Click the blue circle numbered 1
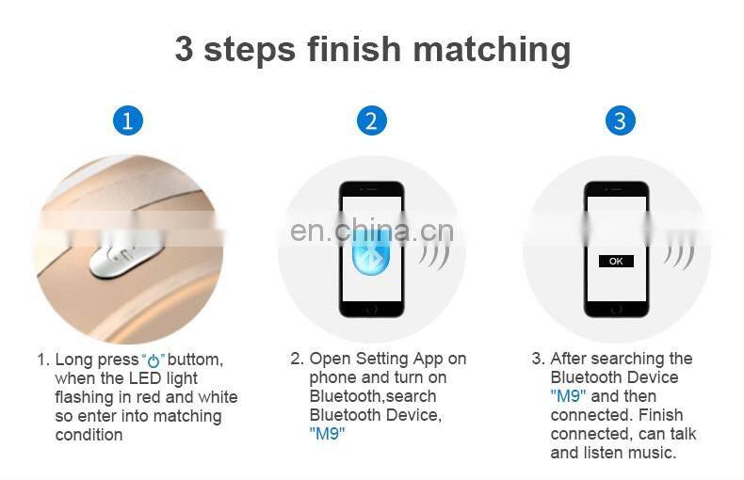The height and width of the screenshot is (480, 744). click(x=128, y=120)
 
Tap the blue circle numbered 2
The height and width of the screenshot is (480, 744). click(x=371, y=120)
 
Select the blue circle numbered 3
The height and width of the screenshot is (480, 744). click(x=621, y=120)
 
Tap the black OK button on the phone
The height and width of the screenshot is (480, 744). click(x=616, y=262)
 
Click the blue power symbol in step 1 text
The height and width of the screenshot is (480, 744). click(x=154, y=361)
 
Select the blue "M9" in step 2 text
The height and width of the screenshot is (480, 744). click(x=327, y=434)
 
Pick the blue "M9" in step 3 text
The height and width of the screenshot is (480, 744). click(x=568, y=395)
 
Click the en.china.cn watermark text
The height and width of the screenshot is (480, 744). click(x=371, y=231)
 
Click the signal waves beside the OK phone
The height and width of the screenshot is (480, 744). click(x=679, y=255)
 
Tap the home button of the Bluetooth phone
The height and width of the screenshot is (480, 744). click(x=371, y=310)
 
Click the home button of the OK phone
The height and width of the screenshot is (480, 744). click(x=616, y=310)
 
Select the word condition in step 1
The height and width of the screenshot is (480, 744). click(x=89, y=435)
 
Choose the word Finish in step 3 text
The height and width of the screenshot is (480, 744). click(x=660, y=415)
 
